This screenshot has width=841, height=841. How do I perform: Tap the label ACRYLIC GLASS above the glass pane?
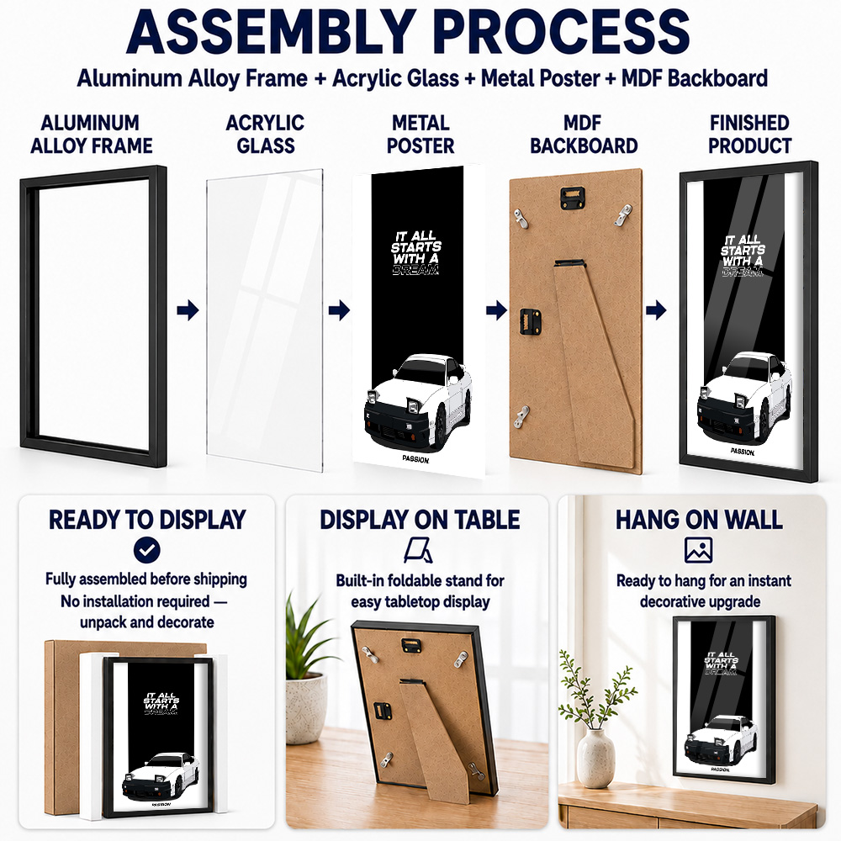point(266,134)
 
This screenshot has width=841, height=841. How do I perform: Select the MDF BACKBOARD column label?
point(584,134)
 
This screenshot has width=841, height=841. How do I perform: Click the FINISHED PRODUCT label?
point(749,134)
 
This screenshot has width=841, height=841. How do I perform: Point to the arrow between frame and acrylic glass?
point(188,310)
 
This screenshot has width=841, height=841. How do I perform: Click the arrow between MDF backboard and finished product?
point(656,310)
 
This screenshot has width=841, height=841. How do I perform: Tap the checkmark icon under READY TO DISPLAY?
point(147,550)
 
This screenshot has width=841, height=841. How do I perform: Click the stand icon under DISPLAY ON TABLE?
point(418,550)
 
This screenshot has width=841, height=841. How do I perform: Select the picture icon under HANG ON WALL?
point(698,550)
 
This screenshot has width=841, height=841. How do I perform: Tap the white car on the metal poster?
point(418,402)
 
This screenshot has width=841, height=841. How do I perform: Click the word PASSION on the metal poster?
point(415,459)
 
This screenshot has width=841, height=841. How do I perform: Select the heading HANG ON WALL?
point(699,520)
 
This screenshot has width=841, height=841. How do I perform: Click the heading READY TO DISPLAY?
point(147,520)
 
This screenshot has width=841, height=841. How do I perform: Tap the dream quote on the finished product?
point(743,256)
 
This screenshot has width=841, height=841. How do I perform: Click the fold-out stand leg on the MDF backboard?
point(595,359)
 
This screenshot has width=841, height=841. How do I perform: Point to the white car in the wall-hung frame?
point(721,740)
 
